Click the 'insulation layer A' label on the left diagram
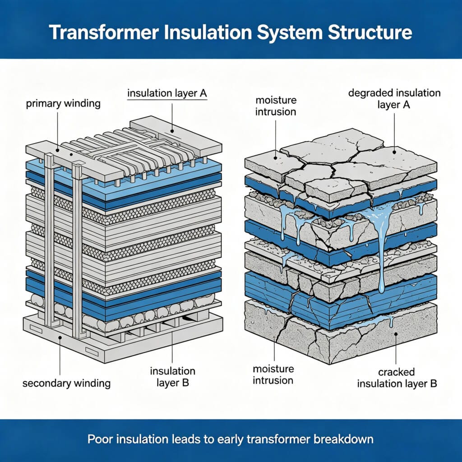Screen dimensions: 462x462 pos(167,94)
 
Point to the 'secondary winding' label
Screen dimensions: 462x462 pos(66,383)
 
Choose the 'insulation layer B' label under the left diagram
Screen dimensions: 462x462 pos(173,377)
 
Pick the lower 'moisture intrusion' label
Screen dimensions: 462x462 pos(273,374)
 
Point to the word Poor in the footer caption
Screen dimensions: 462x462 pos(98,439)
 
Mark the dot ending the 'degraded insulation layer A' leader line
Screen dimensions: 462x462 pos(394,152)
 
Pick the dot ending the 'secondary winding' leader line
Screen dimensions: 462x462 pos(60,337)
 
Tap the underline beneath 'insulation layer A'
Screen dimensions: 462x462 pos(167,100)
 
